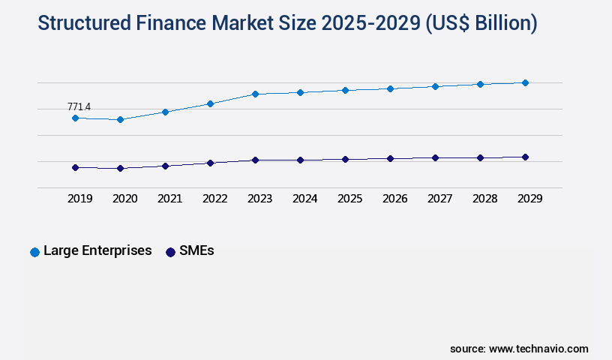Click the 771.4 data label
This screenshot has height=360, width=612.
coord(79,107)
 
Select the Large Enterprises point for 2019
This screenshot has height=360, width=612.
coord(75,118)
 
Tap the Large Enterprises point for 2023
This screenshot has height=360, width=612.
coord(255,94)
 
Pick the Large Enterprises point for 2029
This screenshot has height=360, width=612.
coord(525,82)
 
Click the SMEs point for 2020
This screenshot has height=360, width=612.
coord(120,168)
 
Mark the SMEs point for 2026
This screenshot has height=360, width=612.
coord(390,158)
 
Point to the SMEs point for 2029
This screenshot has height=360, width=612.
coord(525,157)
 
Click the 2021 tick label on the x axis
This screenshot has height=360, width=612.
coord(169,199)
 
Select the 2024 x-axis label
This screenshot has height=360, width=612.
coord(304,199)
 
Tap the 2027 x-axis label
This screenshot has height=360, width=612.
coord(439,199)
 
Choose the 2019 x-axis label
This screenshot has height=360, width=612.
coord(79,199)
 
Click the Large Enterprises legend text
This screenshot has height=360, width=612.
coord(97,250)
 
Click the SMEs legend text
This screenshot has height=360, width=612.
coord(196,250)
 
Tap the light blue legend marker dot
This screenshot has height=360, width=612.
coord(34,252)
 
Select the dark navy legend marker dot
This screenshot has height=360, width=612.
coord(170,252)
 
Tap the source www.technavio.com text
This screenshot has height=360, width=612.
coord(519,349)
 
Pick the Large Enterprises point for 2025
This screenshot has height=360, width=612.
coord(345,90)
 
